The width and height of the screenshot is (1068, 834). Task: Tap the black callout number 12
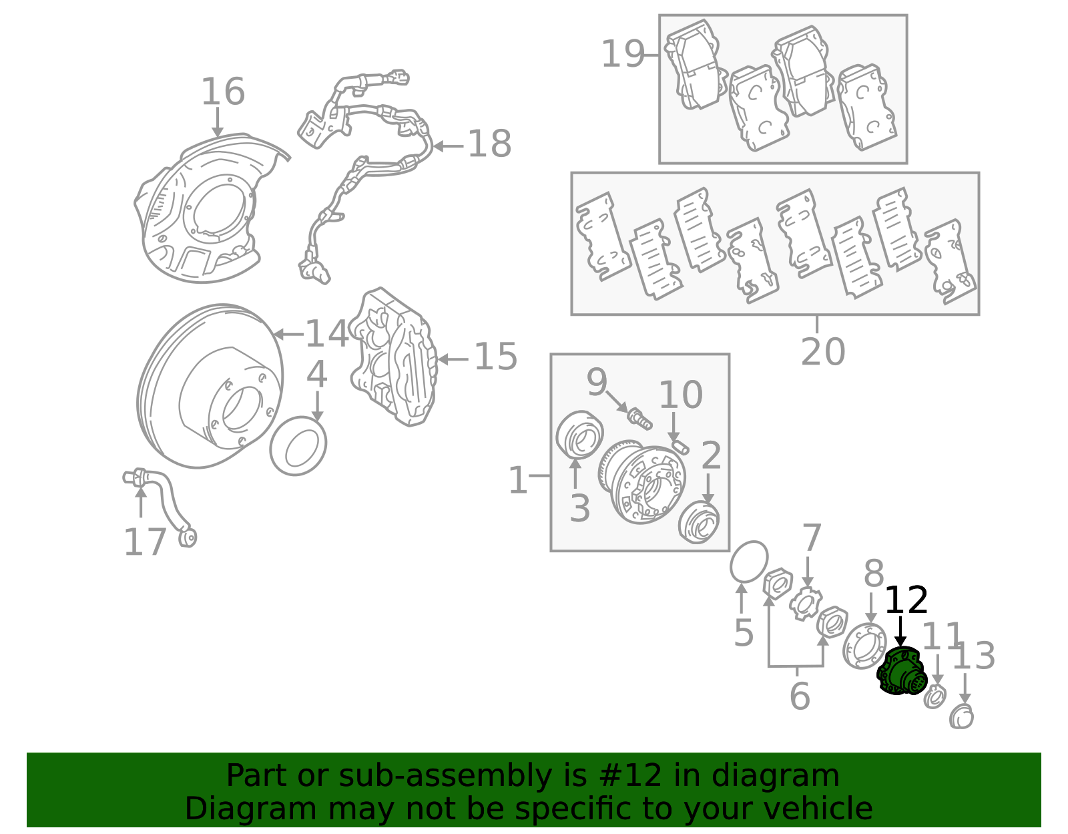click(x=906, y=600)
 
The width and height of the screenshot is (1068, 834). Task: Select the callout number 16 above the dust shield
click(x=223, y=91)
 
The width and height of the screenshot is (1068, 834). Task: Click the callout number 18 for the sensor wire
click(x=489, y=144)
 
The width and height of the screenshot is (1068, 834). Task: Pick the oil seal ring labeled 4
click(x=298, y=446)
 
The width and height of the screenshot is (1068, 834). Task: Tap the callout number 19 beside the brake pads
click(x=623, y=54)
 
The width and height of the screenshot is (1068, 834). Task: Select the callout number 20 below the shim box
click(x=822, y=351)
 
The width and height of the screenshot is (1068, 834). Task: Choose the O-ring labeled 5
click(x=748, y=562)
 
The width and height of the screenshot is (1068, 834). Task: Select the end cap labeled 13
click(x=962, y=717)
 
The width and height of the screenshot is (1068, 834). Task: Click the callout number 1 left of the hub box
click(x=517, y=480)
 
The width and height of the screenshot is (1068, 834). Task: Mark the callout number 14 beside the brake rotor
click(x=326, y=333)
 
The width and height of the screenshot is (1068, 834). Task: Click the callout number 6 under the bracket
click(x=799, y=696)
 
